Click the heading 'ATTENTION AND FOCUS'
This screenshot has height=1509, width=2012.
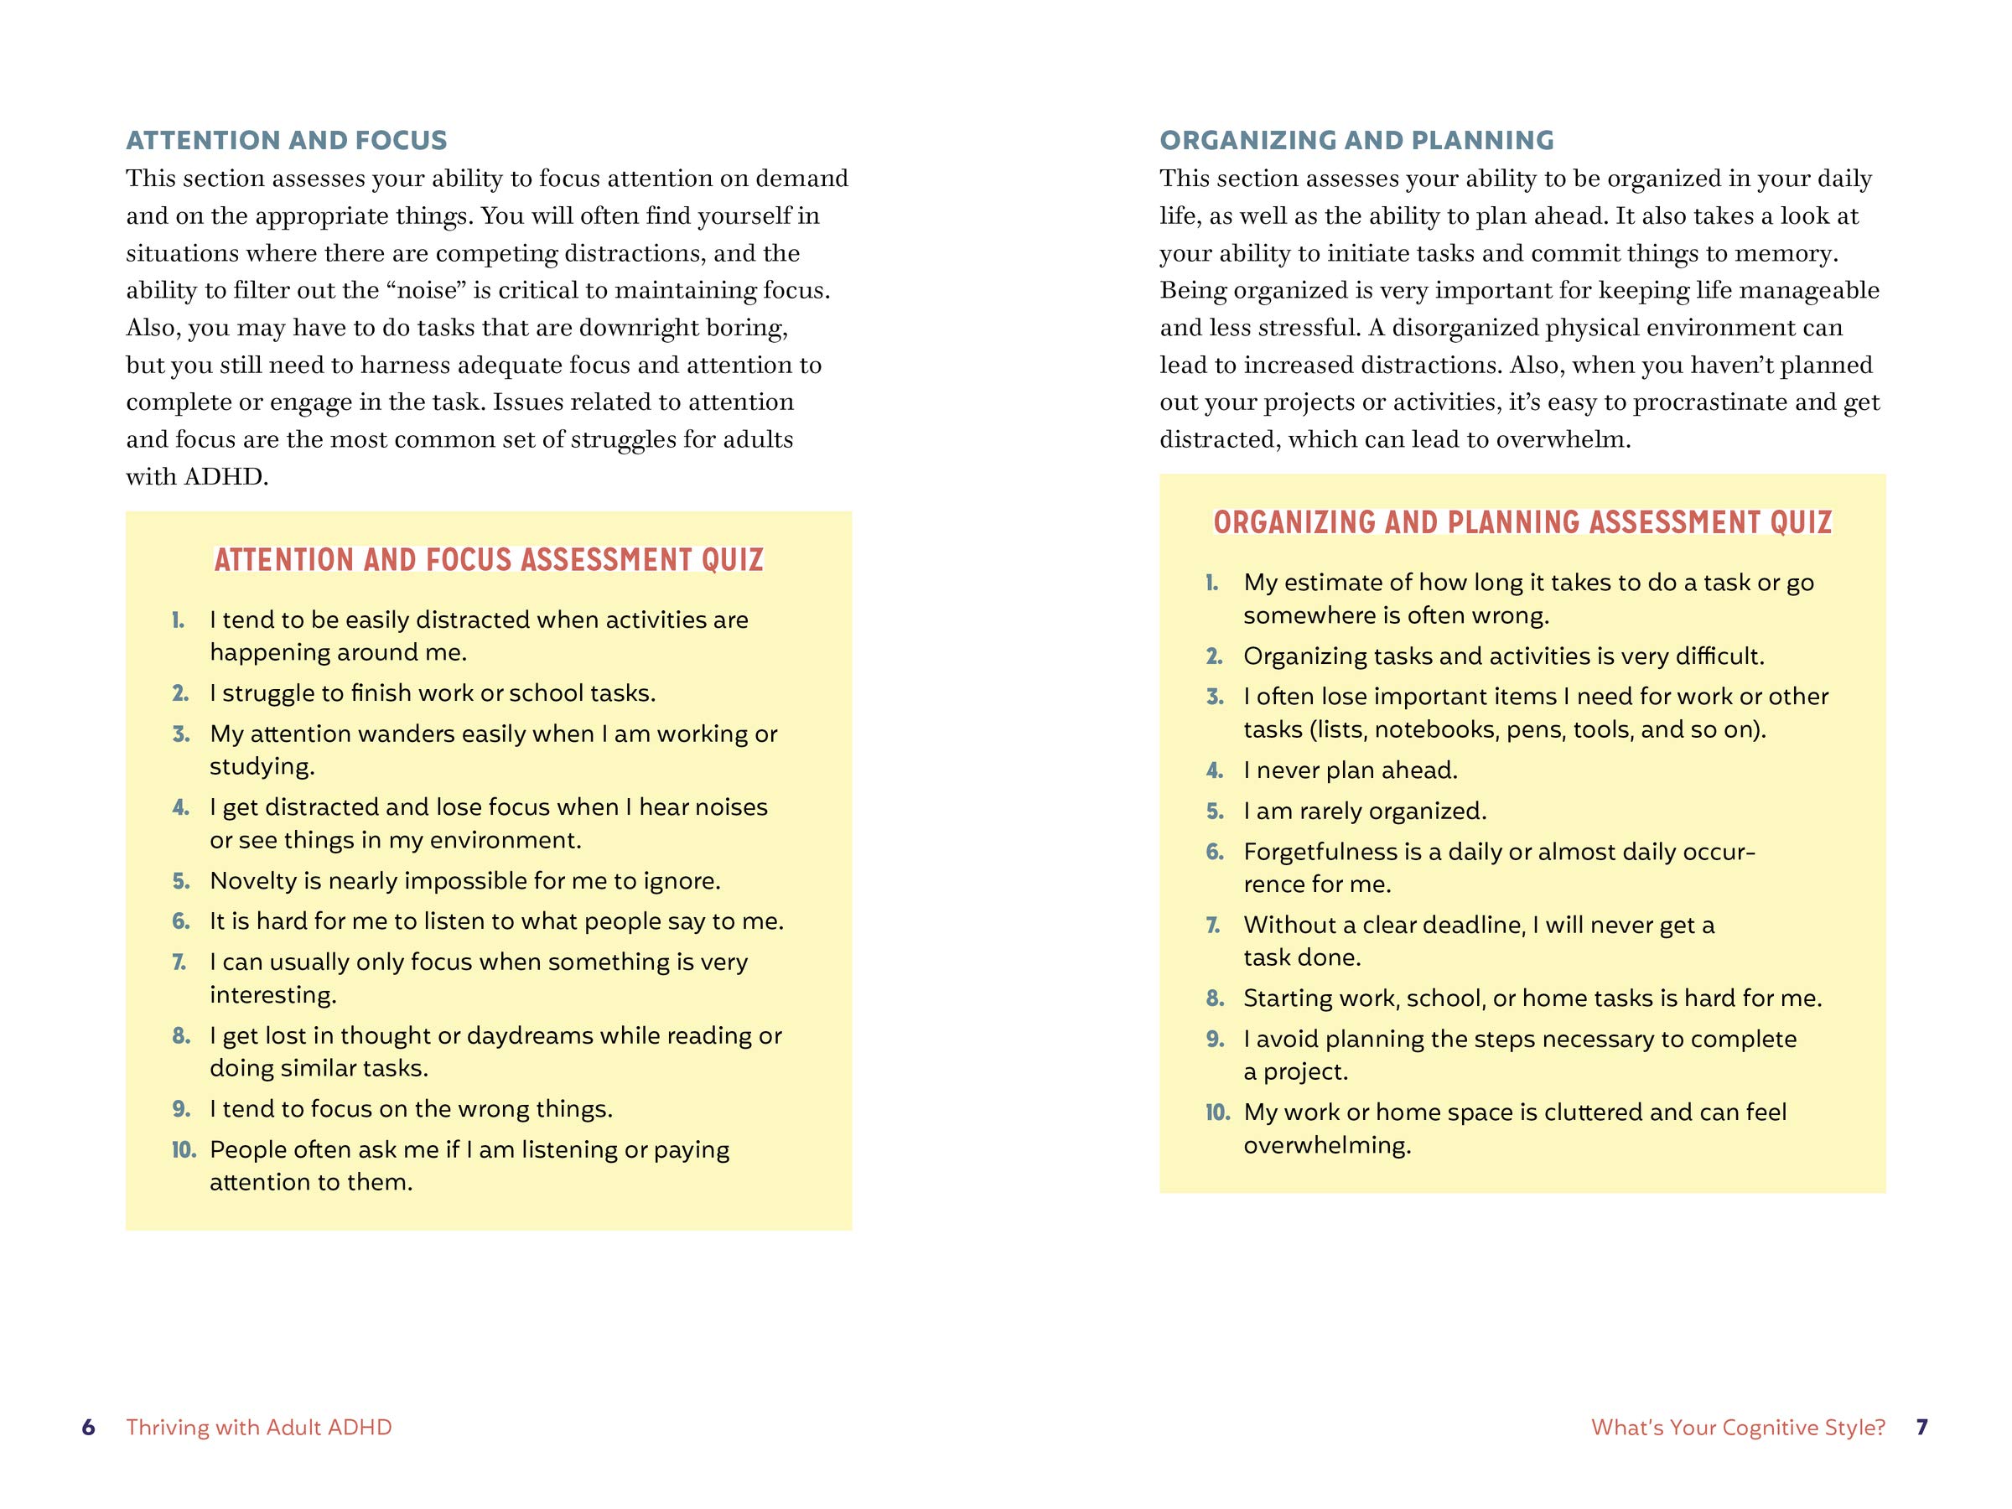pyautogui.click(x=287, y=140)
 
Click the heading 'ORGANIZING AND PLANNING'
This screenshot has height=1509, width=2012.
pyautogui.click(x=1356, y=140)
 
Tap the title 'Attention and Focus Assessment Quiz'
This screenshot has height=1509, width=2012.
pyautogui.click(x=489, y=559)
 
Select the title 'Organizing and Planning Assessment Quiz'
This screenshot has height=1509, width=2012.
pyautogui.click(x=1522, y=522)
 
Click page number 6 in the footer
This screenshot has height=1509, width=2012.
pyautogui.click(x=88, y=1427)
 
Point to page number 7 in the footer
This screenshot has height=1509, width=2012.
pyautogui.click(x=1921, y=1427)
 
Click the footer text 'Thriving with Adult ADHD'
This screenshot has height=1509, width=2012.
pyautogui.click(x=259, y=1427)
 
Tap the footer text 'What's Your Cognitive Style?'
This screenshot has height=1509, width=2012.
pyautogui.click(x=1738, y=1427)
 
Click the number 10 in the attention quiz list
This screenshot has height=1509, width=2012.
pyautogui.click(x=184, y=1149)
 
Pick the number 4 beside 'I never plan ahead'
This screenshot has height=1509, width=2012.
pyautogui.click(x=1214, y=770)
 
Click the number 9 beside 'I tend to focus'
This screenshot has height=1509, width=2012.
pyautogui.click(x=181, y=1109)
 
